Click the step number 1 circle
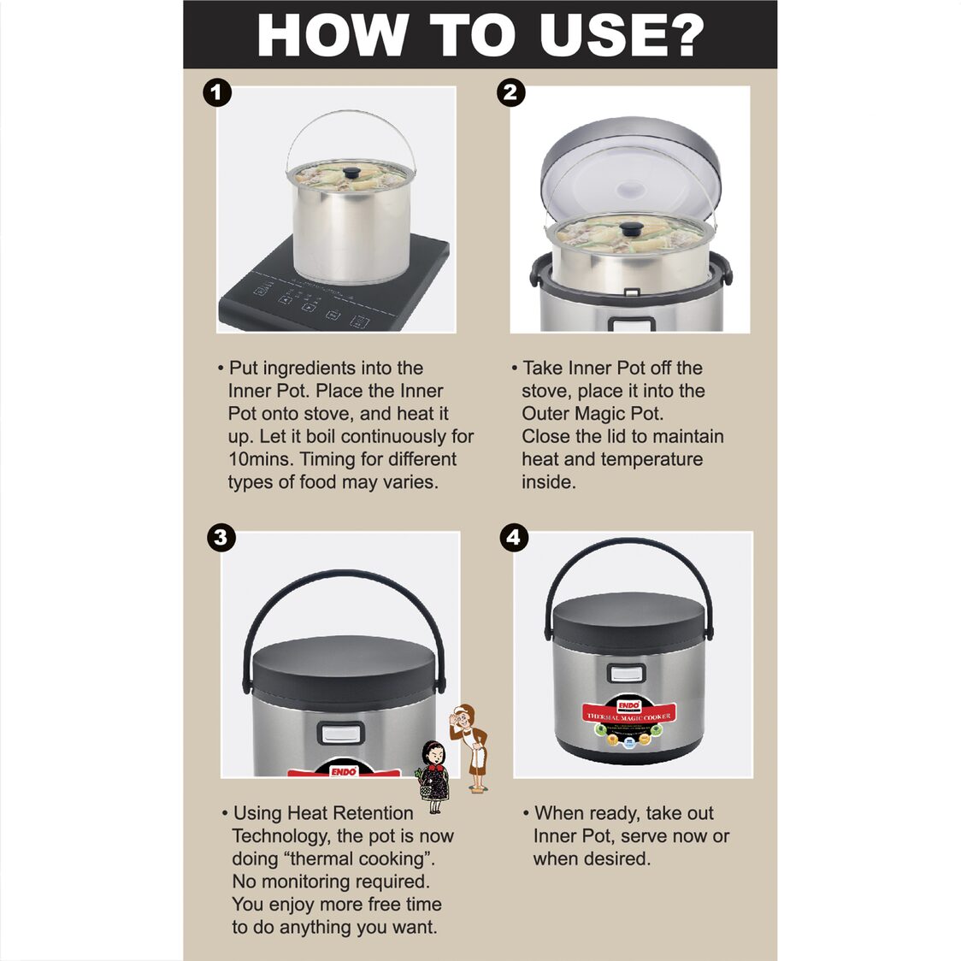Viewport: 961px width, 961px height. [x=217, y=92]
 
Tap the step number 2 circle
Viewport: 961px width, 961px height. [x=510, y=92]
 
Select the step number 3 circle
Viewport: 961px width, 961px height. [x=221, y=537]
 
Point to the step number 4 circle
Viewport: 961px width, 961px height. [x=514, y=537]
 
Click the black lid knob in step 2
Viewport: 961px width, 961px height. [x=632, y=228]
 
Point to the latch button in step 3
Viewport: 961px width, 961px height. [x=341, y=734]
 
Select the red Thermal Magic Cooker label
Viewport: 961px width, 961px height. [x=628, y=715]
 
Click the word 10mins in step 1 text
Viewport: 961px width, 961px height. [x=261, y=459]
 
